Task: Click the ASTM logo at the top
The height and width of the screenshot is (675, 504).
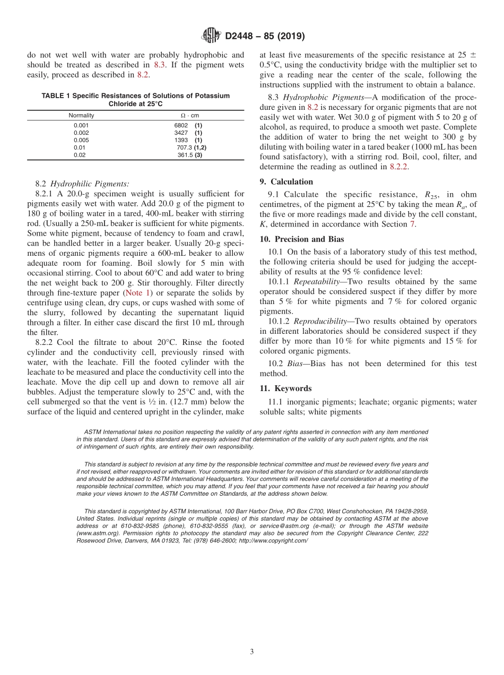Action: (x=212, y=36)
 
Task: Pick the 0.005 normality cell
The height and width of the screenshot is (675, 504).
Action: (x=81, y=140)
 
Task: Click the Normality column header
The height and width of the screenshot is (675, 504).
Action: (x=81, y=115)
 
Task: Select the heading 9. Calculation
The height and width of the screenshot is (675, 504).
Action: (x=286, y=181)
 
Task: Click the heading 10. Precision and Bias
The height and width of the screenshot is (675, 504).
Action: (x=301, y=239)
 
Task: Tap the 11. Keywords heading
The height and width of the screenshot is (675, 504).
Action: (x=285, y=388)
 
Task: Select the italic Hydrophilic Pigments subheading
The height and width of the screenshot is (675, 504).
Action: (x=90, y=184)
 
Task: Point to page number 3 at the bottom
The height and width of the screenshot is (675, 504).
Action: (x=251, y=652)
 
